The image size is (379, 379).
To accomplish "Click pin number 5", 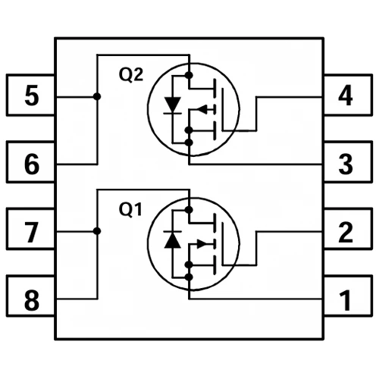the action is click(x=32, y=96).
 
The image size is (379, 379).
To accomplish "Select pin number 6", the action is click(x=32, y=164).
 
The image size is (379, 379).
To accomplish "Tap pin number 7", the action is click(x=32, y=232).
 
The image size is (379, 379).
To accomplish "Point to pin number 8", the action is click(x=32, y=300).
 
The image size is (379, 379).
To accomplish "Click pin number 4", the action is click(x=346, y=96).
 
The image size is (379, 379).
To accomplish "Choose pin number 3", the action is click(x=346, y=164).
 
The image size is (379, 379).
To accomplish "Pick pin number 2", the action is click(x=346, y=232).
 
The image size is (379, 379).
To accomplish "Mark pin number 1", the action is click(x=346, y=300).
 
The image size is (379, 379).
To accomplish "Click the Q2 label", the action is click(x=131, y=75).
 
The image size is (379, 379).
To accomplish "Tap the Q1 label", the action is click(x=130, y=209).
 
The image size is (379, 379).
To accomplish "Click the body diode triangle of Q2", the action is click(x=173, y=105).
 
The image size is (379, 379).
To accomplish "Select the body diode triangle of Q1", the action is click(x=173, y=240).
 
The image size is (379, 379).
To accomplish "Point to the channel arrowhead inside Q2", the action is click(x=202, y=109).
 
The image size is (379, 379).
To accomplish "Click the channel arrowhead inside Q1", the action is click(x=202, y=244).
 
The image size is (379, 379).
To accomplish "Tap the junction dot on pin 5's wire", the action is click(x=97, y=96).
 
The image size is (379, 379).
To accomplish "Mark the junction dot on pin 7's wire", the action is click(x=97, y=231).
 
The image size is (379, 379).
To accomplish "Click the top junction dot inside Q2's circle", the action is click(x=189, y=75).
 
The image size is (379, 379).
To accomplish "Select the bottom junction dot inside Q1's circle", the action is click(x=189, y=277).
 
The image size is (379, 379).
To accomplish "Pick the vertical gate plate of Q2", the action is click(x=223, y=109).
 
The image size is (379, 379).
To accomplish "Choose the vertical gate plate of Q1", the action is click(x=223, y=244).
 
